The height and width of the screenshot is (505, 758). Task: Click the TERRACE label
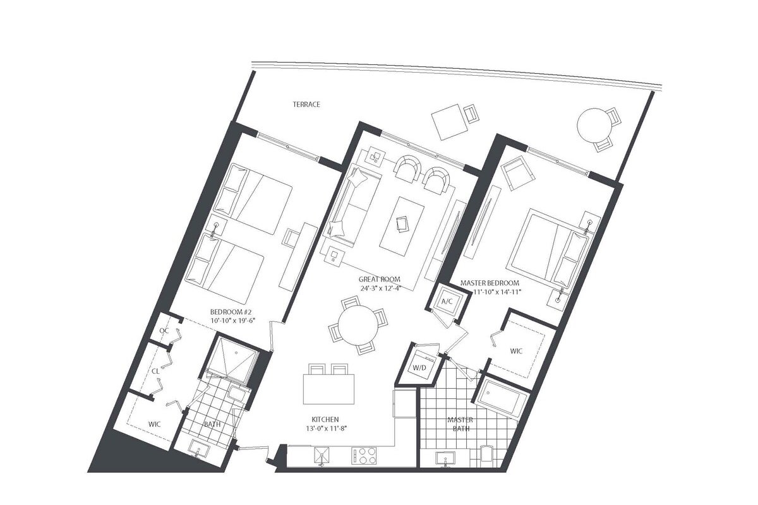coord(306,104)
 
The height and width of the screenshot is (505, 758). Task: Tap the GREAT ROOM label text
coord(379,280)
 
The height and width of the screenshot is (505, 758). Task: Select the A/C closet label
coord(447,301)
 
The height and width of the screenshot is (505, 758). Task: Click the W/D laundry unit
coord(418,367)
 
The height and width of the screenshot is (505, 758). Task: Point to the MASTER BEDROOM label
coord(490,283)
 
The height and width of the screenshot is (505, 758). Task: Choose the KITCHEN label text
coord(325,419)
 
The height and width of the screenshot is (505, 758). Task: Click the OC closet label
coord(164,331)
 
